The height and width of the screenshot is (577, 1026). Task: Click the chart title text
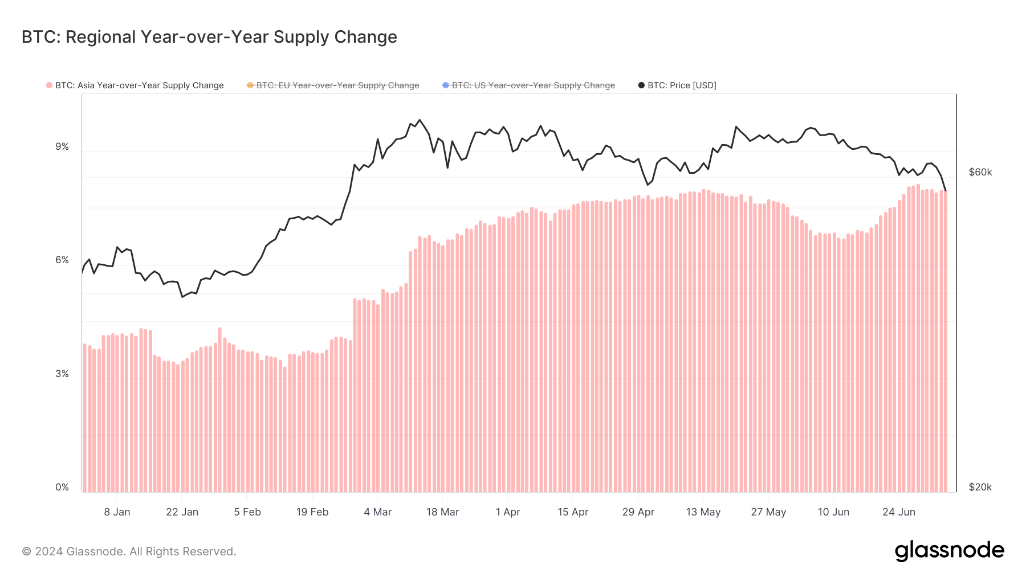tap(209, 37)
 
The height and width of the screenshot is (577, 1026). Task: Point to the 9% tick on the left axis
tap(62, 147)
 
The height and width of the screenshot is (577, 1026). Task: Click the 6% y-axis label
tap(62, 260)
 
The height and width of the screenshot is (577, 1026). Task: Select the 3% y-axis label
tap(62, 374)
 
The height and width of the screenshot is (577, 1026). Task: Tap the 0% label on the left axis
tap(62, 488)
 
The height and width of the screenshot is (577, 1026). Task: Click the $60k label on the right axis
tap(980, 173)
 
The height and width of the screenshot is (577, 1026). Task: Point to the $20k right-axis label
tap(980, 488)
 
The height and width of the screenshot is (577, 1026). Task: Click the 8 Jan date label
tap(117, 512)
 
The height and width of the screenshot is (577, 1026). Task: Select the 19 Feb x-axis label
tap(312, 512)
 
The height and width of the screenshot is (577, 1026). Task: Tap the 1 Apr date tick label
tap(508, 512)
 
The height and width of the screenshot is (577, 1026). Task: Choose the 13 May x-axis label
tap(703, 512)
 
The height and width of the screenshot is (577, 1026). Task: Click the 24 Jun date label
tap(899, 512)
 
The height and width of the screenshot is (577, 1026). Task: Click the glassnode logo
tap(949, 551)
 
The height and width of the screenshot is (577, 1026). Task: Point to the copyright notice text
tap(129, 551)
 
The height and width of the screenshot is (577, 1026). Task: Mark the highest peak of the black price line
tap(420, 120)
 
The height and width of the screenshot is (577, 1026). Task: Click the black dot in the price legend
tap(641, 85)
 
